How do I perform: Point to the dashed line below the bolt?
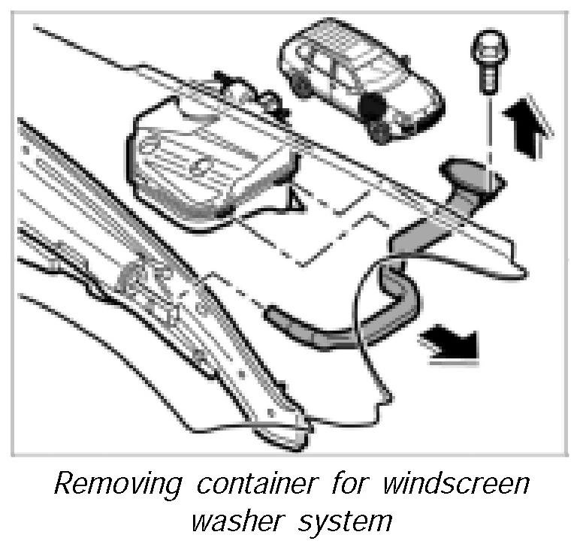coord(489,135)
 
